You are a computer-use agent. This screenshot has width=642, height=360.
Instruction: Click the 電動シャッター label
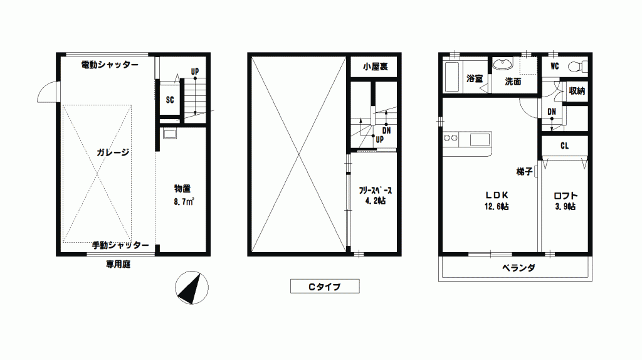click(110, 65)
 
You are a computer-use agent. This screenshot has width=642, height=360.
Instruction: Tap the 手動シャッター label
click(120, 245)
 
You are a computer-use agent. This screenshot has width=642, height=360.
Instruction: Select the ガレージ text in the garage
click(113, 152)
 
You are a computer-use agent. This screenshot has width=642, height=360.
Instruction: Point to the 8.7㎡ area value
click(184, 201)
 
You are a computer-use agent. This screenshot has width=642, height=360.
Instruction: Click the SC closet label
click(170, 100)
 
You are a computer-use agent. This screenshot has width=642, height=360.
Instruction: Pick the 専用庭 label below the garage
click(118, 265)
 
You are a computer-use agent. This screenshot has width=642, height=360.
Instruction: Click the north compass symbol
click(192, 287)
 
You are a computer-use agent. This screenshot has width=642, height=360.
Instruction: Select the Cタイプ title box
click(325, 286)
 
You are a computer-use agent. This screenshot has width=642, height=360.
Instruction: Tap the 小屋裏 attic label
click(375, 66)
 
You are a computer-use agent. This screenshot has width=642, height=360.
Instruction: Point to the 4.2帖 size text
click(376, 201)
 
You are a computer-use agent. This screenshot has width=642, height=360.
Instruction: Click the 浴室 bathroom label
click(475, 78)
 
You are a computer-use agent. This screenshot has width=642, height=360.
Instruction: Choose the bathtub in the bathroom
click(452, 77)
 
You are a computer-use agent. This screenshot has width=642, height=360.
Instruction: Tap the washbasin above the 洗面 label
click(502, 65)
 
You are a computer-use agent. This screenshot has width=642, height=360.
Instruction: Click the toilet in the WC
click(577, 66)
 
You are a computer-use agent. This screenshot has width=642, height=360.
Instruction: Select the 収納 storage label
click(577, 90)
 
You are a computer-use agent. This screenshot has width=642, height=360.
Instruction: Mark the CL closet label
click(565, 146)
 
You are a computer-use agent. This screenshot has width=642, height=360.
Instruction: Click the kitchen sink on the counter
click(480, 140)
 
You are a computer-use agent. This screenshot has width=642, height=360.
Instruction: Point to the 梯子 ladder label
click(525, 171)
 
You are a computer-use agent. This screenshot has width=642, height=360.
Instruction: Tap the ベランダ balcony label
click(518, 268)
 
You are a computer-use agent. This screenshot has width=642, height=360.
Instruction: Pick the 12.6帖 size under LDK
click(497, 206)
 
